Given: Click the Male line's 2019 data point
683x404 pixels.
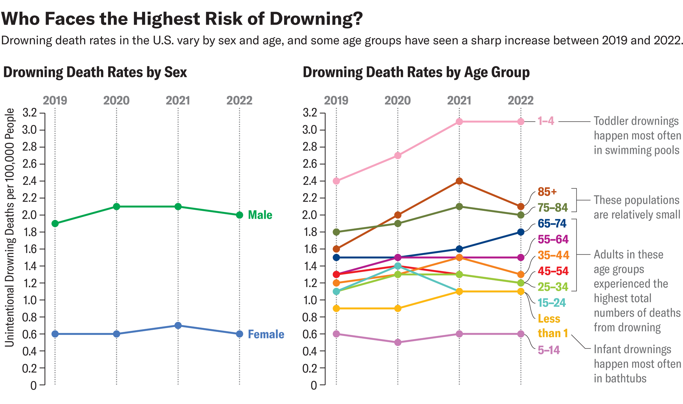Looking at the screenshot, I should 55,224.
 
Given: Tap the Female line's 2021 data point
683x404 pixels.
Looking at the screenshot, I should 178,325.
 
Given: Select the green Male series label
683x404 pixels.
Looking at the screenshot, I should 260,215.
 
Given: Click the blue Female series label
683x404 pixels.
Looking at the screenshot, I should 266,334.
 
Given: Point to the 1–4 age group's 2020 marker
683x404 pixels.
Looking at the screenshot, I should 398,156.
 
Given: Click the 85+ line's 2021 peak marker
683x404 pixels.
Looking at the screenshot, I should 459,181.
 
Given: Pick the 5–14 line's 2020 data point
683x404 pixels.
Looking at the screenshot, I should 398,342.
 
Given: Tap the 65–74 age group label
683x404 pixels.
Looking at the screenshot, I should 552,224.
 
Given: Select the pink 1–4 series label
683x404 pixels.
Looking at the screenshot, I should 546,121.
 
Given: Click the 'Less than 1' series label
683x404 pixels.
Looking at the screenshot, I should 552,326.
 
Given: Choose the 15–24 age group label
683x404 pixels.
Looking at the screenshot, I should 552,303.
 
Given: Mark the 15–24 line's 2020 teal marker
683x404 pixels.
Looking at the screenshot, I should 398,266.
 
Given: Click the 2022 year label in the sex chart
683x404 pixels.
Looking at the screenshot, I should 239,100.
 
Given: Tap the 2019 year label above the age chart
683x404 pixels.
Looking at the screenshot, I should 336,100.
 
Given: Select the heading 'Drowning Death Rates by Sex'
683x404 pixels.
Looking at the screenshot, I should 95,72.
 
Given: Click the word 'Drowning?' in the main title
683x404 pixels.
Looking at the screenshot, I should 316,19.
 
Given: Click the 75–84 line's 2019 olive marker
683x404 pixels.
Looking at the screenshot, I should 336,232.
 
